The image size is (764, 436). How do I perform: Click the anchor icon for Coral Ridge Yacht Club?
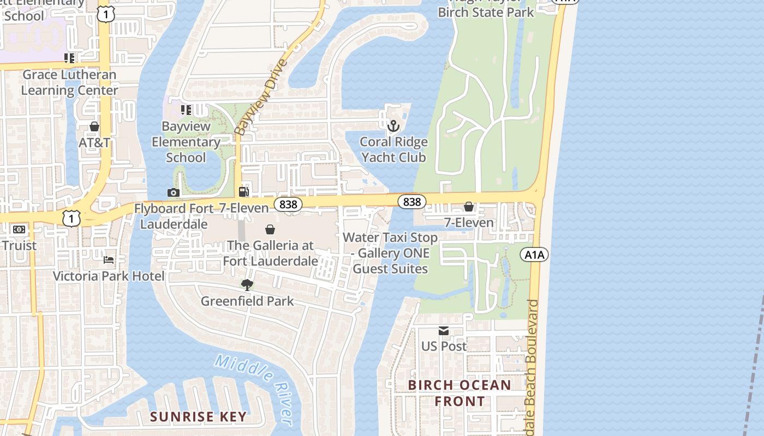pos(393,126)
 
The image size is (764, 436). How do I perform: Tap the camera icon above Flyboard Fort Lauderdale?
pos(173,192)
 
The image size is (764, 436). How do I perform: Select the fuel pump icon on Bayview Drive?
pos(243,192)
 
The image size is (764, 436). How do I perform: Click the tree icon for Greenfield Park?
pos(247,285)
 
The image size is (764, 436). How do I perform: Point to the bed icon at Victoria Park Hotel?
pos(109,260)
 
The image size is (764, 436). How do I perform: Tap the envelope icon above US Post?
pos(443,331)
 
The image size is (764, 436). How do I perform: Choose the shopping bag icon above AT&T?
pos(94,127)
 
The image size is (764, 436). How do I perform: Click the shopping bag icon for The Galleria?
pos(270,229)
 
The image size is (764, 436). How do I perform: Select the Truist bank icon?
pos(19,229)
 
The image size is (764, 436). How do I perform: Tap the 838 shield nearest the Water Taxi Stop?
pos(411,202)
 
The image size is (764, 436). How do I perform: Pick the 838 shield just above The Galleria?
pos(288,204)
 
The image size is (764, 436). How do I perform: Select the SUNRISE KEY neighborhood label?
pos(198,417)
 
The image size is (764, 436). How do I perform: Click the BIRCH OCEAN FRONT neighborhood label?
pos(459,393)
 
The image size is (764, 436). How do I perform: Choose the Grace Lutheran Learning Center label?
pos(69,82)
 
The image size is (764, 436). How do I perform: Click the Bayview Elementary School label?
pos(186,142)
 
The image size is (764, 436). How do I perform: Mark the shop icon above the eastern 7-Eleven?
pos(468,207)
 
